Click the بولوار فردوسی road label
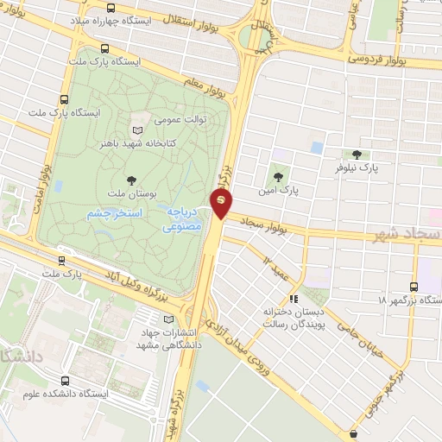tap(388, 60)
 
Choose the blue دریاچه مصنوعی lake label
tap(184, 220)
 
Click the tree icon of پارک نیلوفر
tap(357, 154)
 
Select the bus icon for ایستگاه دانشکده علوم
tap(66, 380)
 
